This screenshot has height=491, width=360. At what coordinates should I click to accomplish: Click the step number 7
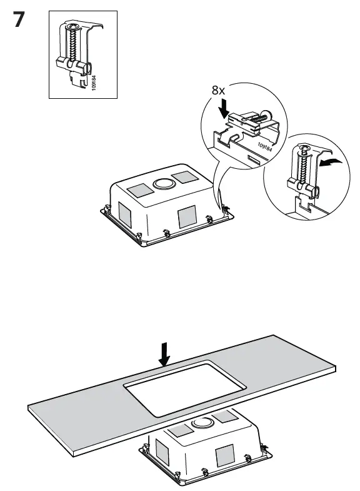coord(19,20)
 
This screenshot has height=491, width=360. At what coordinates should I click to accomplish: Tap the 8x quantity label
coord(218,90)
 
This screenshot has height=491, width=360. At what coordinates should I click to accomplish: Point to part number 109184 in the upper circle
coord(265,147)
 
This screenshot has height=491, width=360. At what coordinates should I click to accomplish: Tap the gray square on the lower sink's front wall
coord(223,456)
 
